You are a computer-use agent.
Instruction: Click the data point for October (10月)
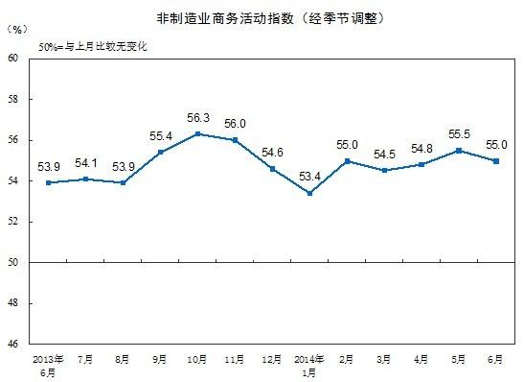(198, 133)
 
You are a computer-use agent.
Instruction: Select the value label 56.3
(198, 118)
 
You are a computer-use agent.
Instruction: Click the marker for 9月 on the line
(161, 152)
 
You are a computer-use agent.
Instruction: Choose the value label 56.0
(236, 124)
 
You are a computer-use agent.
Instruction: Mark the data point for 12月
(273, 169)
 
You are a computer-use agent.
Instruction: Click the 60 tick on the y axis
(12, 59)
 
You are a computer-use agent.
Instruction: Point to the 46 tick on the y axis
(12, 344)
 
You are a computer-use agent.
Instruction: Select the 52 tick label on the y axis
(12, 222)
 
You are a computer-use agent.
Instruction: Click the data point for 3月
(384, 170)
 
